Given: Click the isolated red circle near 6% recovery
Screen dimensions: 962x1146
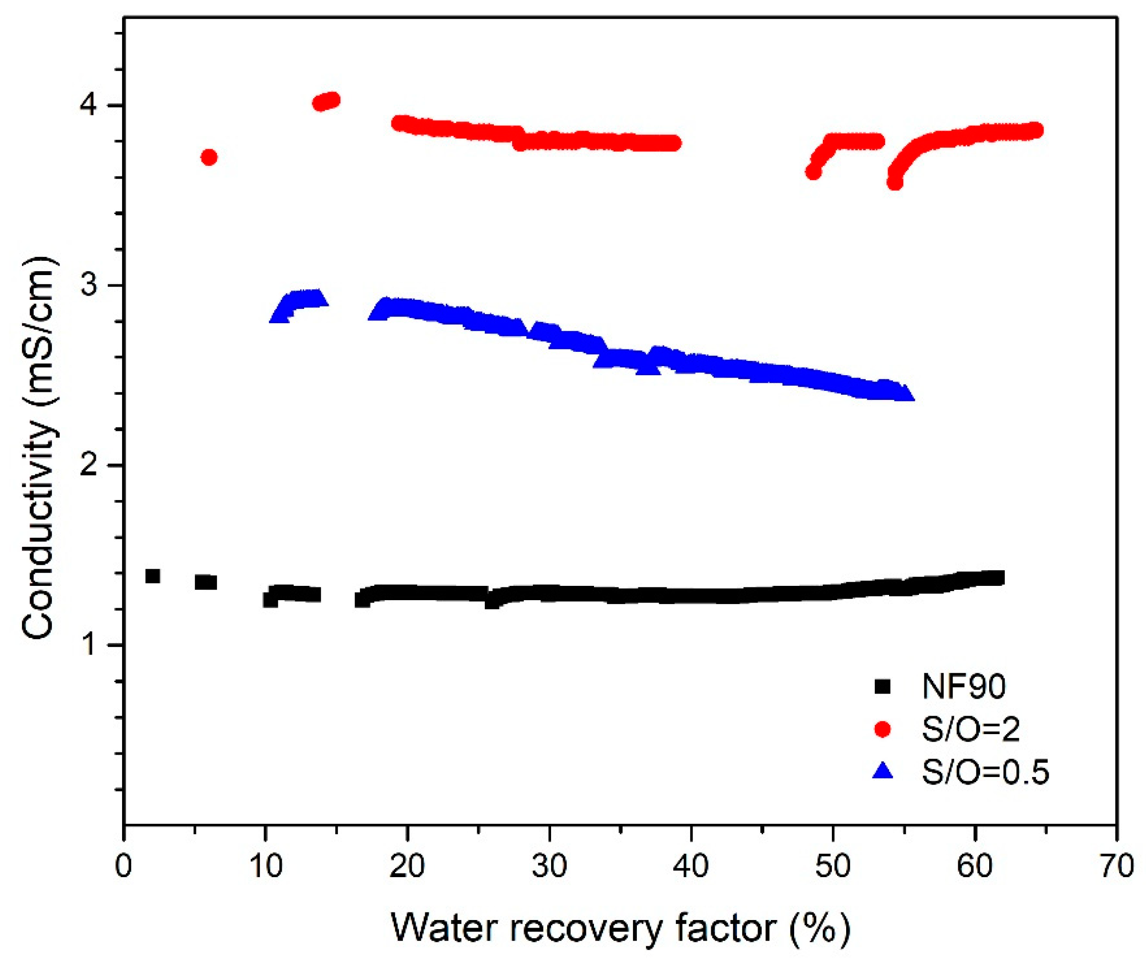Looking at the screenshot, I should pyautogui.click(x=209, y=157).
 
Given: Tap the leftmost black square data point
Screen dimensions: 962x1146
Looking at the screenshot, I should pyautogui.click(x=153, y=576).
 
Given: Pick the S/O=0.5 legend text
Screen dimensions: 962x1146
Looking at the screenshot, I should pyautogui.click(x=985, y=772).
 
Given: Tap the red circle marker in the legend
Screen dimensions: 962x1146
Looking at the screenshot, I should pyautogui.click(x=882, y=729).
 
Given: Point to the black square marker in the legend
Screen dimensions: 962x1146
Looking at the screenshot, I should pyautogui.click(x=882, y=686).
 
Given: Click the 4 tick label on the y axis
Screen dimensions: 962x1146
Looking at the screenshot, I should pyautogui.click(x=90, y=105).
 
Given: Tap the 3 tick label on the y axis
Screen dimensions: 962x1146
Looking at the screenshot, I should pyautogui.click(x=90, y=286).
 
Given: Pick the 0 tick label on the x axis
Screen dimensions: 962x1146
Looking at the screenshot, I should pyautogui.click(x=124, y=867).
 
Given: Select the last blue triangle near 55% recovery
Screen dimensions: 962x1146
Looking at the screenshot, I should pyautogui.click(x=905, y=393).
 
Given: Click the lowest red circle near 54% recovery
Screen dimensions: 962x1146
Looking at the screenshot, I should pyautogui.click(x=894, y=183).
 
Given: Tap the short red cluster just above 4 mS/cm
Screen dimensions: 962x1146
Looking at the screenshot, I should pyautogui.click(x=327, y=102).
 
